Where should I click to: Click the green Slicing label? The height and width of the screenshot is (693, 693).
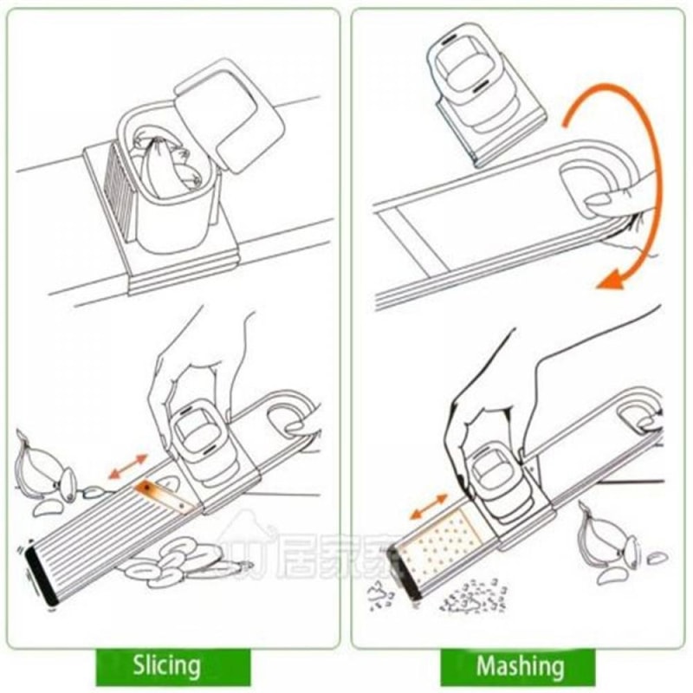166,666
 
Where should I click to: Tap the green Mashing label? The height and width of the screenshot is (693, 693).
519,666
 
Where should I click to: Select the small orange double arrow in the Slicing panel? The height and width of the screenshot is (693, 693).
127,466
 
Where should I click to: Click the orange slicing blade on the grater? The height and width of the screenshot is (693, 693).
165,495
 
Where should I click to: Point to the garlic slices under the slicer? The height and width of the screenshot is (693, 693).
173,559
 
